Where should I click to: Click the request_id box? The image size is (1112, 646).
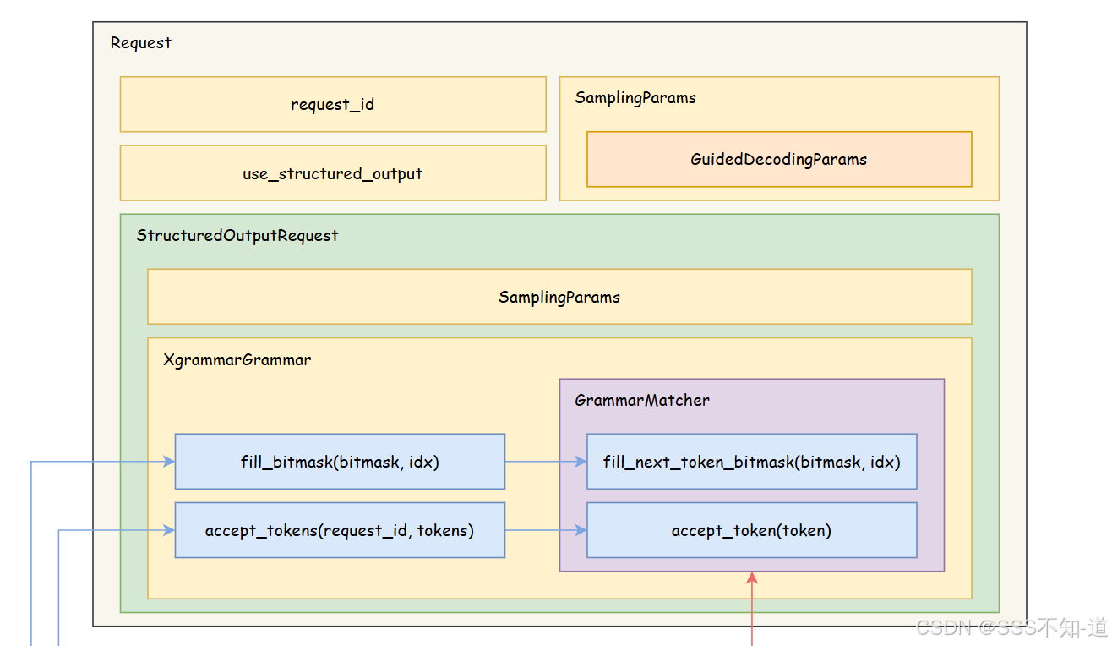coord(333,105)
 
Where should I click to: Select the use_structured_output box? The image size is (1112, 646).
coord(333,174)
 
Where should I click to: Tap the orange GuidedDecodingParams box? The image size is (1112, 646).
coord(778,159)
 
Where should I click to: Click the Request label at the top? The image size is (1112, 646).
coord(141,43)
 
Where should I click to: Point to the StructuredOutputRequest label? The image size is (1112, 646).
coord(237,236)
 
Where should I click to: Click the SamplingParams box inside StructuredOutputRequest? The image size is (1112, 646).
coord(559,298)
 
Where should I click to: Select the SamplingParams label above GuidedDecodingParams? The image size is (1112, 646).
coord(635,98)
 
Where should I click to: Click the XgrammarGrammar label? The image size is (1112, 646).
coord(237,360)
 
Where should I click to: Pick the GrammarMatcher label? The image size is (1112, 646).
coord(642,401)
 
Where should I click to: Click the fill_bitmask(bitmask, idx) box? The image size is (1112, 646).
coord(340,462)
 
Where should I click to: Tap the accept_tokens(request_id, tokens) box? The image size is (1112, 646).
coord(340,531)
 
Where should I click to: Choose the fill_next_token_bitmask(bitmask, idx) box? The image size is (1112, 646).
coord(751,462)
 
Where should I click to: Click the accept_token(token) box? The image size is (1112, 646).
coord(751,531)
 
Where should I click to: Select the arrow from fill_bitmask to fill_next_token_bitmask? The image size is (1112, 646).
coord(545,462)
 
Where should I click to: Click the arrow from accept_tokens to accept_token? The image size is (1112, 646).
coord(545,531)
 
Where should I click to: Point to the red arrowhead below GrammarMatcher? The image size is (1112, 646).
coord(752,578)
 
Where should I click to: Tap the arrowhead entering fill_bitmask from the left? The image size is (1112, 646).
coord(169,462)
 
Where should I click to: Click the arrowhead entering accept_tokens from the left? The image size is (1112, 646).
coord(169,531)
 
